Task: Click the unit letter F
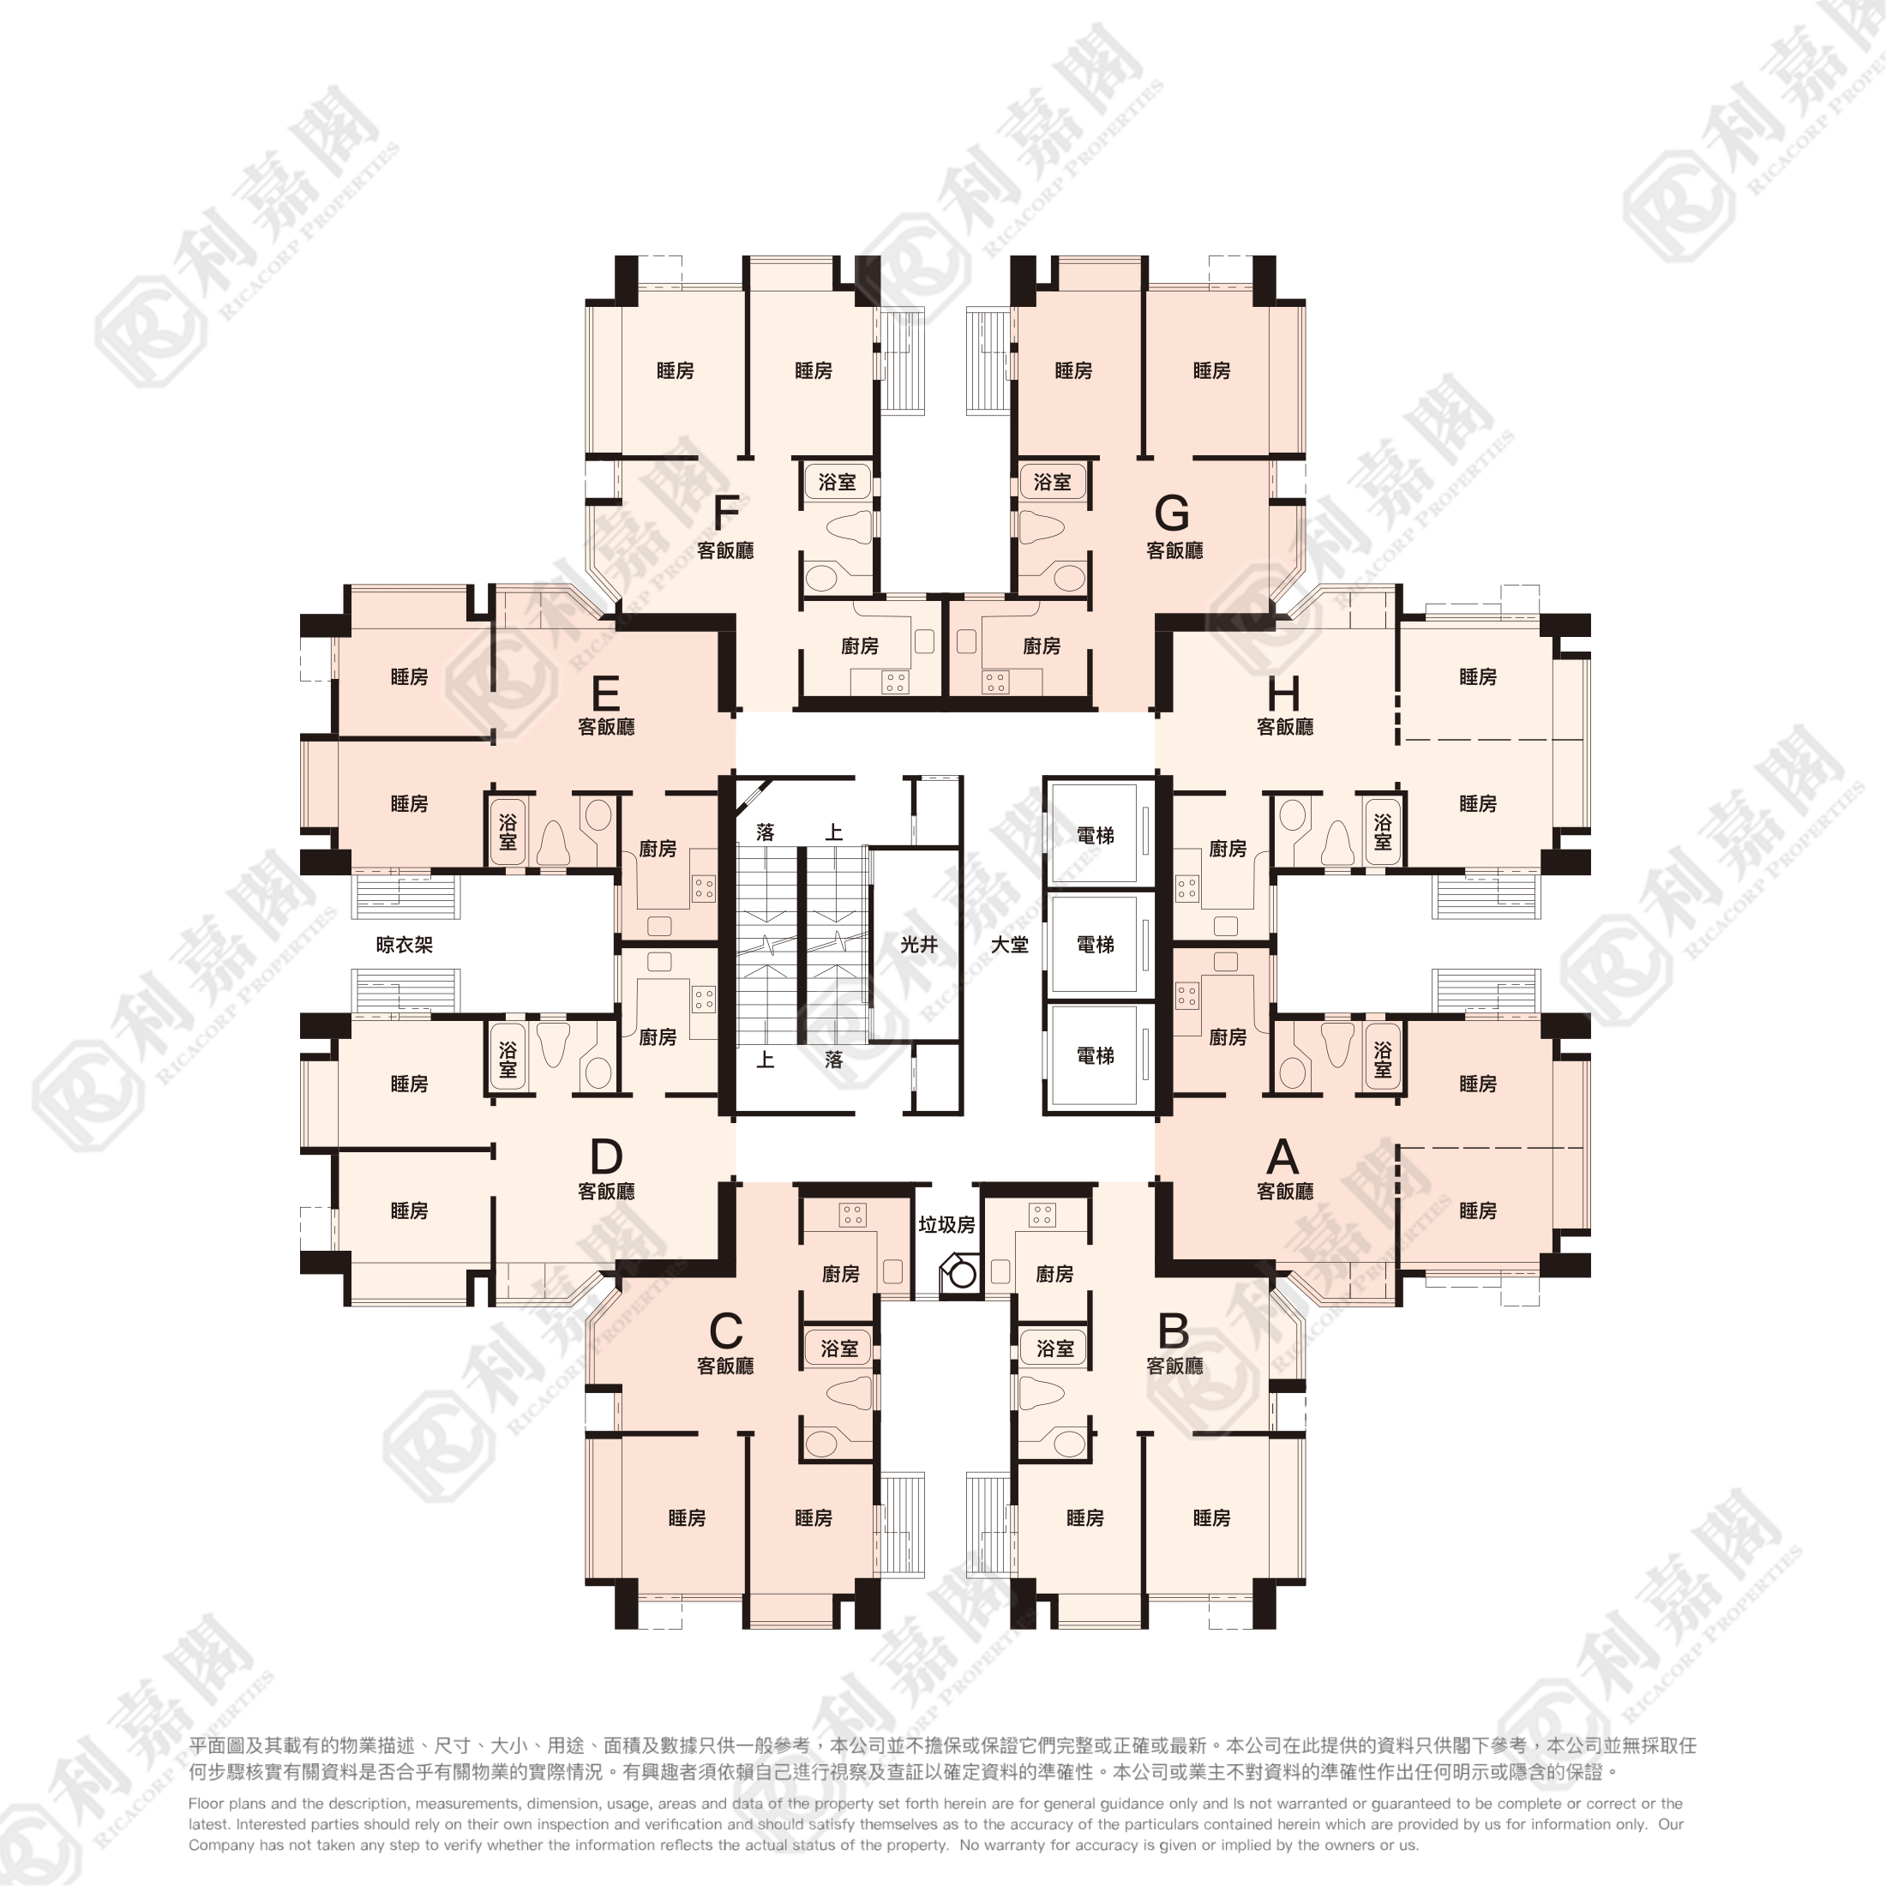(x=726, y=512)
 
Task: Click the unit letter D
(x=605, y=1156)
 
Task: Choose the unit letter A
(x=1282, y=1156)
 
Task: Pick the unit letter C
(x=726, y=1330)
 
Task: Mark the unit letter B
(x=1173, y=1330)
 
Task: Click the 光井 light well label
(x=919, y=944)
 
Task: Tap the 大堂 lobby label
(x=1009, y=944)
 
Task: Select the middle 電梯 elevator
(x=1096, y=944)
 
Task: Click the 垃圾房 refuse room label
(x=946, y=1224)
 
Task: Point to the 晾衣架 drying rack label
(x=404, y=944)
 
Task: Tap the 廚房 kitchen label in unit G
(x=1042, y=646)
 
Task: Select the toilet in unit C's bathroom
(x=850, y=1393)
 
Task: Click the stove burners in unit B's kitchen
(x=1042, y=1215)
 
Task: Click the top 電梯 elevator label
(x=1096, y=835)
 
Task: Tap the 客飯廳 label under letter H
(x=1285, y=726)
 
